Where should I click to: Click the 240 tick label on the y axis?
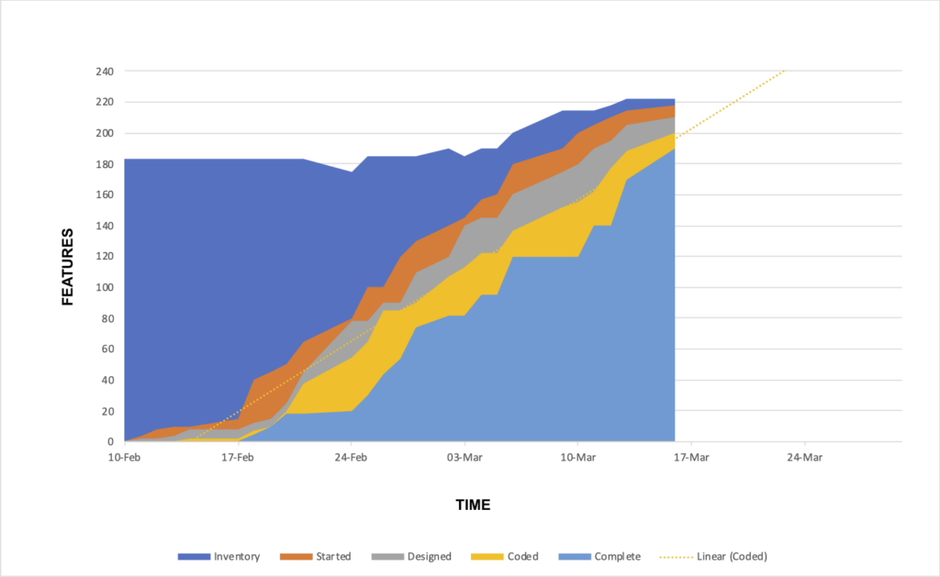click(105, 72)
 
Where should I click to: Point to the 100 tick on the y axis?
click(105, 287)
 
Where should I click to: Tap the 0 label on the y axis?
click(110, 441)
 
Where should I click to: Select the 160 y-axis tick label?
click(105, 194)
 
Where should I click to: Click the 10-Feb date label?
click(124, 457)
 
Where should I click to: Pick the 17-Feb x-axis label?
click(238, 457)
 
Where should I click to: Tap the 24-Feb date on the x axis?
click(351, 457)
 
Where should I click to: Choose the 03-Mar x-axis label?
click(464, 457)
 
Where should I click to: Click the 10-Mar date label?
click(578, 457)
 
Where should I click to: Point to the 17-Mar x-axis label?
click(691, 457)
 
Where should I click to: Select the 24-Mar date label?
click(804, 457)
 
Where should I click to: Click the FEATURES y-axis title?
click(67, 267)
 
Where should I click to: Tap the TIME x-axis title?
click(473, 505)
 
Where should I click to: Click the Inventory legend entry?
click(218, 557)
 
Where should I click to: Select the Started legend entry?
click(316, 557)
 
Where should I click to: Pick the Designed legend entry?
click(411, 557)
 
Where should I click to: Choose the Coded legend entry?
click(505, 557)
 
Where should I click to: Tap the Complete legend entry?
click(599, 557)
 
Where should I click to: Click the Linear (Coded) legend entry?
click(713, 557)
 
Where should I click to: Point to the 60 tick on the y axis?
click(107, 349)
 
